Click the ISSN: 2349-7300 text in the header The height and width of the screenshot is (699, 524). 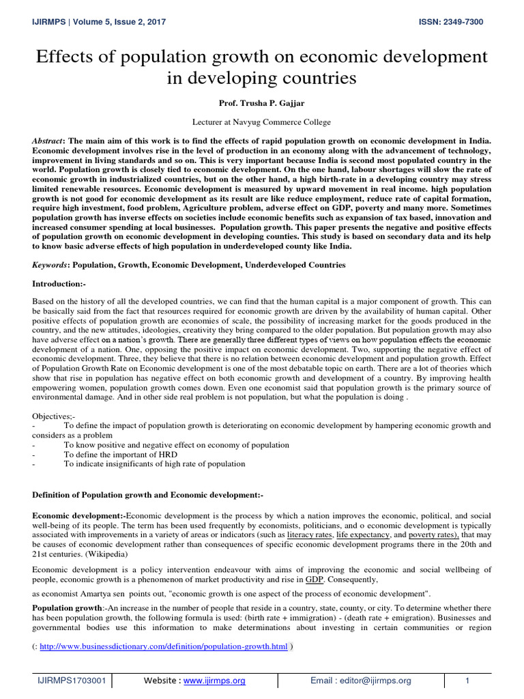pyautogui.click(x=450, y=23)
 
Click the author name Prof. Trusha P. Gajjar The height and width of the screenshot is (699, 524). pyautogui.click(x=262, y=102)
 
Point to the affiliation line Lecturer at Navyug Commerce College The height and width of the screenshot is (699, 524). pyautogui.click(x=262, y=122)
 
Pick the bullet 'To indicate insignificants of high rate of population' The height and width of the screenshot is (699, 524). pyautogui.click(x=154, y=464)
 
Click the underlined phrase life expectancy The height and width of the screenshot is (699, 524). pyautogui.click(x=370, y=535)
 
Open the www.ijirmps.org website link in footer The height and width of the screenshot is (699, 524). pyautogui.click(x=214, y=681)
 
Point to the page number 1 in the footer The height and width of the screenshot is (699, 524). pyautogui.click(x=467, y=681)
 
